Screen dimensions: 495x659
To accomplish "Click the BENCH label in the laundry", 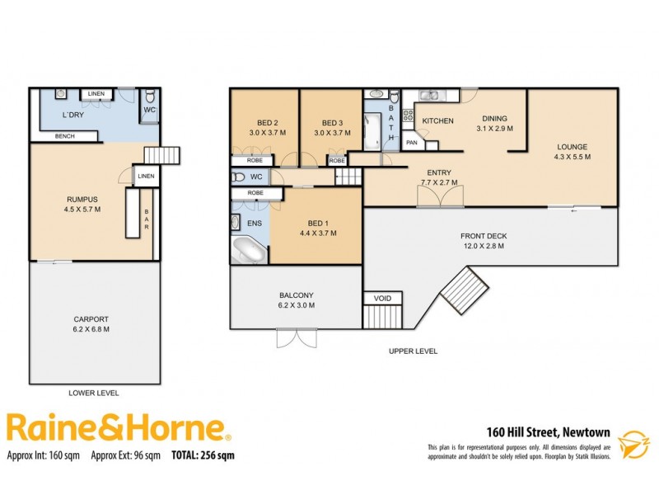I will click(65, 136).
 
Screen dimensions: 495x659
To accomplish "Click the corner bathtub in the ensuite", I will click(249, 249).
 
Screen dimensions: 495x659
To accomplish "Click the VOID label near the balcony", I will click(383, 298).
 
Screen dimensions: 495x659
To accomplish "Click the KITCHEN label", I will click(437, 121).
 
